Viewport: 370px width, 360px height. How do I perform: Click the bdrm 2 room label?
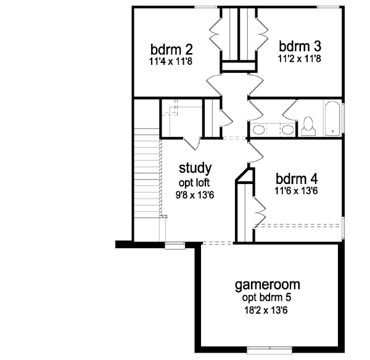point(171,49)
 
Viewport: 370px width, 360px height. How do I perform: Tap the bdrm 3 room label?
point(300,46)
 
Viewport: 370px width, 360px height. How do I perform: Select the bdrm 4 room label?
point(297,179)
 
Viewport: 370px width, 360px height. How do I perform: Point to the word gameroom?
point(268,285)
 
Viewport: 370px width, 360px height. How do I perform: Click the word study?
point(195,168)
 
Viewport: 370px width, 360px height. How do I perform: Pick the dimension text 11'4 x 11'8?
point(171,62)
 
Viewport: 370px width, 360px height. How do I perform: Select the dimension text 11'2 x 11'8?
point(300,58)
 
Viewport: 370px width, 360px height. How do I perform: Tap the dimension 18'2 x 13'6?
point(266,310)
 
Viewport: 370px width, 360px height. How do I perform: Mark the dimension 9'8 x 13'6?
point(195,195)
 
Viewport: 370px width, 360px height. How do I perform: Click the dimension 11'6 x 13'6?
point(296,191)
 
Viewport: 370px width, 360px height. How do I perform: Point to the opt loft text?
point(194,183)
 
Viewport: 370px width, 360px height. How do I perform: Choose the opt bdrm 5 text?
point(266,298)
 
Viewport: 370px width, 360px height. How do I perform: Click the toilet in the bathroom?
point(308,126)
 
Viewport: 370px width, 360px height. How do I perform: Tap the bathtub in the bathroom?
point(332,118)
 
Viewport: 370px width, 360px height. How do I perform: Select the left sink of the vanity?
point(259,130)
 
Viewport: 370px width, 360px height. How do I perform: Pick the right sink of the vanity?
point(287,130)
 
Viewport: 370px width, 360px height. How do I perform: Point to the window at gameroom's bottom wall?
point(269,350)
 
